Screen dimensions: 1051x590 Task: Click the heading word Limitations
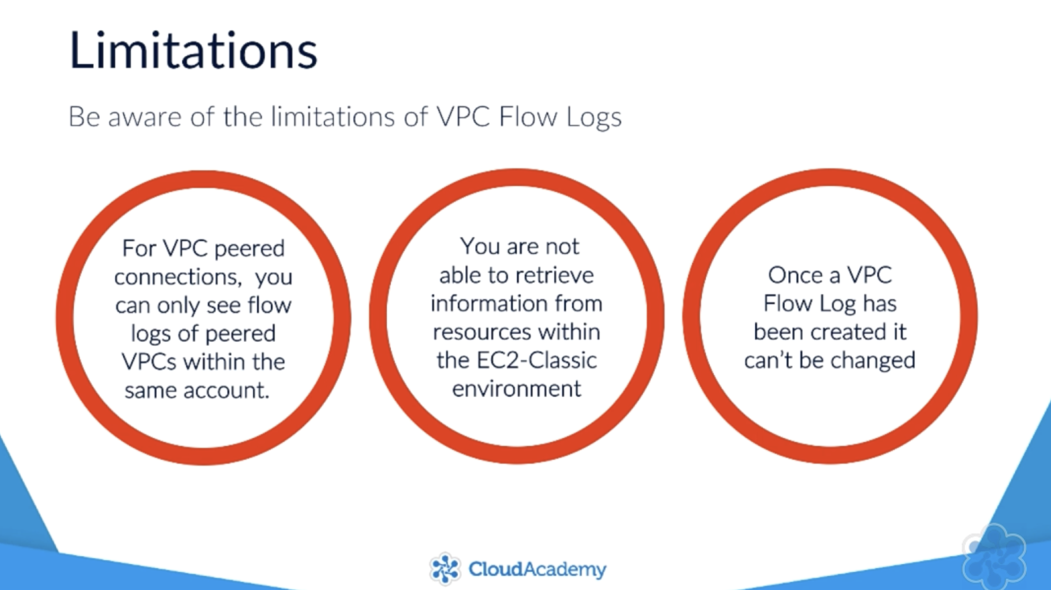pos(193,50)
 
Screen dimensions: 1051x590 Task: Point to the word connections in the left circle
pos(178,277)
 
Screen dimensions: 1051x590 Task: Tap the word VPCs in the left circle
pos(149,361)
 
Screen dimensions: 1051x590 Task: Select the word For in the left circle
pos(139,248)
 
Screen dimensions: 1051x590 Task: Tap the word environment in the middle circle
pos(517,389)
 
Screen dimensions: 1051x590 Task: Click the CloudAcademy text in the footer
pos(537,569)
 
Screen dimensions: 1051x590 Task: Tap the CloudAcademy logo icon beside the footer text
pos(445,569)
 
